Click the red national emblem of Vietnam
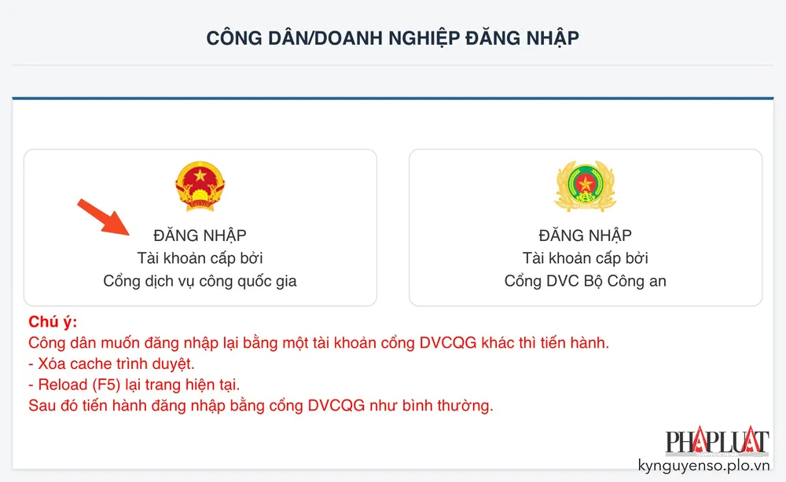(x=200, y=185)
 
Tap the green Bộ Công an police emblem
(x=585, y=185)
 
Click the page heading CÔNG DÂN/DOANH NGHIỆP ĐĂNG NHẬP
(x=392, y=38)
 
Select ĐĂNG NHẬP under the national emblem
(x=200, y=236)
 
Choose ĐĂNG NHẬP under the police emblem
(x=585, y=236)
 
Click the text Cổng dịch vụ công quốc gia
(x=200, y=281)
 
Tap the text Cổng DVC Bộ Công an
(x=585, y=281)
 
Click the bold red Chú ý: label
(x=53, y=323)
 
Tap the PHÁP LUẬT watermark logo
(x=717, y=441)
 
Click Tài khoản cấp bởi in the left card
(x=200, y=258)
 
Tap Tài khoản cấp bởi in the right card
(x=585, y=258)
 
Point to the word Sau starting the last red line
(x=41, y=407)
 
